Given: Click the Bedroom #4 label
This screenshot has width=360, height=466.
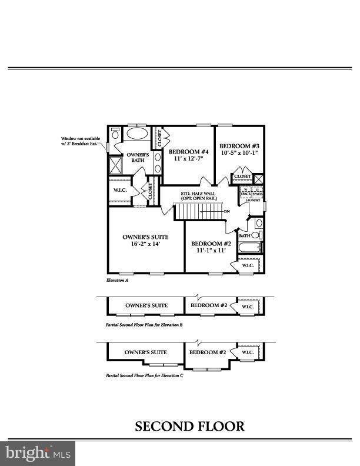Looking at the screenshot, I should pyautogui.click(x=185, y=151).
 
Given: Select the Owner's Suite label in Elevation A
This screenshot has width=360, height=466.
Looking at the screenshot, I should pyautogui.click(x=141, y=237).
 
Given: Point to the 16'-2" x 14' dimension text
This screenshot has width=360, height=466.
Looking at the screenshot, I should pyautogui.click(x=141, y=244).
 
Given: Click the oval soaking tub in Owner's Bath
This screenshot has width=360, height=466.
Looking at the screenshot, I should pyautogui.click(x=138, y=132).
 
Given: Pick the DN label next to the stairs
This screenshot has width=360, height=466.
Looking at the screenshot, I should pyautogui.click(x=226, y=211).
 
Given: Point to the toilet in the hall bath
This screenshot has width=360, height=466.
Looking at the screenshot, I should pyautogui.click(x=258, y=235).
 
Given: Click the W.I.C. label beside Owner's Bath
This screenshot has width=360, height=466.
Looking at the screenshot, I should pyautogui.click(x=119, y=190).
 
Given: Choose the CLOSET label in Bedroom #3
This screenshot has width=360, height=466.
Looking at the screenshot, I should pyautogui.click(x=242, y=176).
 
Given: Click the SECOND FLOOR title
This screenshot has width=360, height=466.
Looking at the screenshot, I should pyautogui.click(x=189, y=426).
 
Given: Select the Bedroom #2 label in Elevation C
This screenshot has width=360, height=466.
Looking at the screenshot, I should pyautogui.click(x=208, y=352).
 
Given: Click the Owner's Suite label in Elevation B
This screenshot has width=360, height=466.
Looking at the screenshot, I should pyautogui.click(x=146, y=305).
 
